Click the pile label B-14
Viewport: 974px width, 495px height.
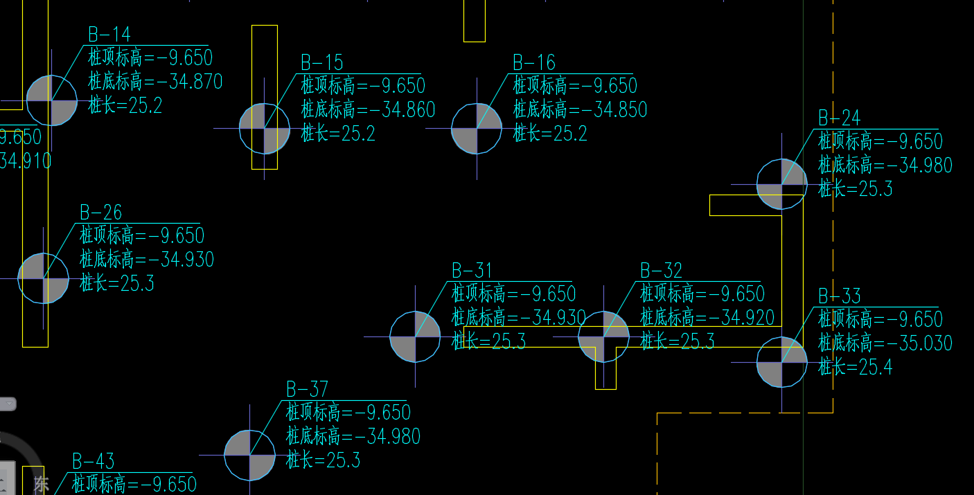(x=109, y=34)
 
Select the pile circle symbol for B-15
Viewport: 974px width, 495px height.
(x=265, y=129)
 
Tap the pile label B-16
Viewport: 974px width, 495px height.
(x=533, y=62)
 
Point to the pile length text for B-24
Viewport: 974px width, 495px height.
(x=856, y=189)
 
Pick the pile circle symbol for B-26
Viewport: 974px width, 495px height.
(x=43, y=278)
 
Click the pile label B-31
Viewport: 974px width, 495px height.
(x=472, y=271)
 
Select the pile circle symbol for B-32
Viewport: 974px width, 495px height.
(x=603, y=337)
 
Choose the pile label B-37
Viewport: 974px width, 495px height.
(x=307, y=389)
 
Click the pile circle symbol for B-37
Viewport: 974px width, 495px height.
(x=249, y=456)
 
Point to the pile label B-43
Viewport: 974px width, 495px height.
(x=93, y=461)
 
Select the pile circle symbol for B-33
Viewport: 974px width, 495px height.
(x=781, y=362)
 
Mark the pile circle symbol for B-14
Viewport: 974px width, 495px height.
(x=51, y=100)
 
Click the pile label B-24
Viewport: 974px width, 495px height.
(x=839, y=118)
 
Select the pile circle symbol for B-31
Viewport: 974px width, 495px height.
(x=415, y=337)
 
